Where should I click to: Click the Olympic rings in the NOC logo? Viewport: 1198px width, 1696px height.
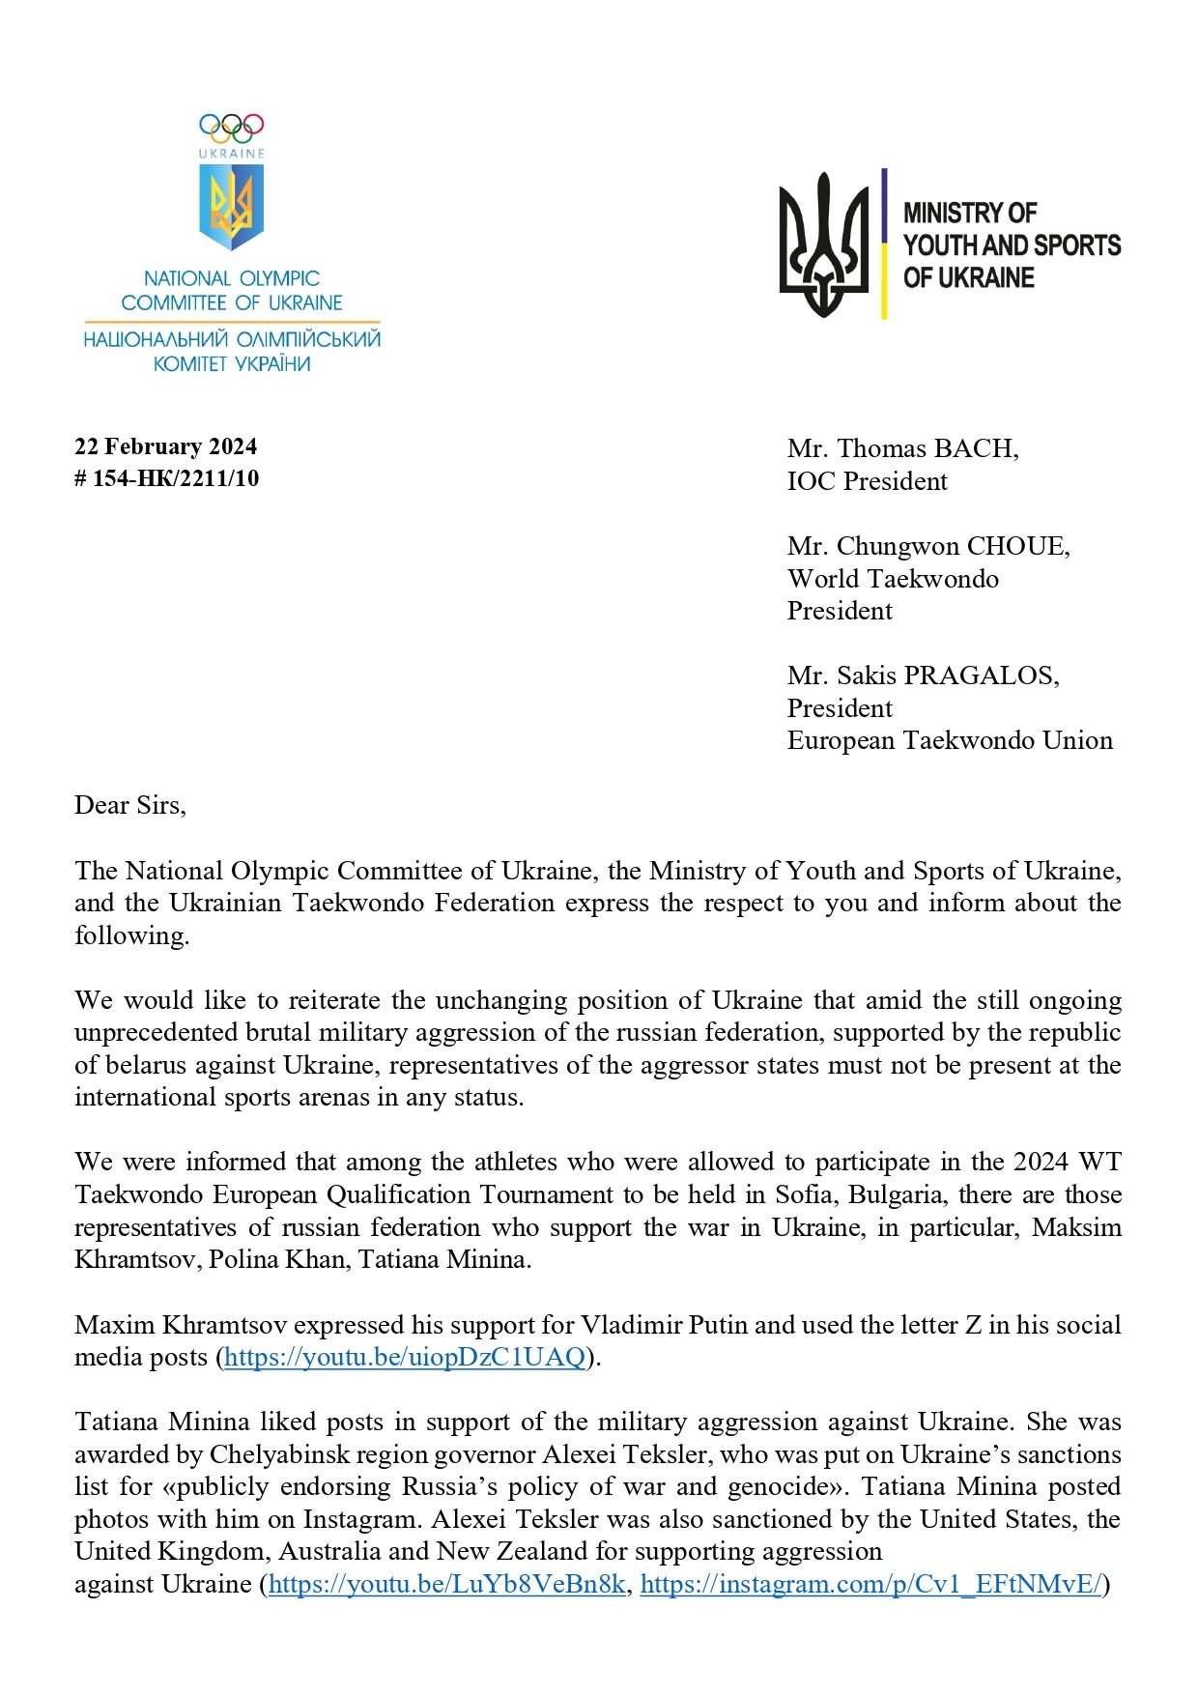coord(231,128)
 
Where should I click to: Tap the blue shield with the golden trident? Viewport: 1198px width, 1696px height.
coord(231,205)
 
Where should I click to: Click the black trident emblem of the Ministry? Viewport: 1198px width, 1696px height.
coord(823,245)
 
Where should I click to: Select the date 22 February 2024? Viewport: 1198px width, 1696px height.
coord(165,446)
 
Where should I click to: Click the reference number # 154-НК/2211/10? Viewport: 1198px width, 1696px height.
coord(166,478)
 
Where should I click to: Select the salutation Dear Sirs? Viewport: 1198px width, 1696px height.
coord(129,805)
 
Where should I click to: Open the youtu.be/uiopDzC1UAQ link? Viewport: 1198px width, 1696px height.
coord(405,1358)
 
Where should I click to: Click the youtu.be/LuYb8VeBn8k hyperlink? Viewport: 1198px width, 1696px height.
coord(446,1584)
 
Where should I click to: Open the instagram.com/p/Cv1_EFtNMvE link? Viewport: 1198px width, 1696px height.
coord(870,1584)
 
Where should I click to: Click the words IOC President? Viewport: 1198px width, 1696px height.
coord(867,481)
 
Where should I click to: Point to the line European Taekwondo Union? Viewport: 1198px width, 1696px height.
coord(950,740)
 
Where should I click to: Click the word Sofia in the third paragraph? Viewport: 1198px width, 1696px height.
coord(805,1194)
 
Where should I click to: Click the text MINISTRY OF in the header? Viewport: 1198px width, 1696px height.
coord(969,213)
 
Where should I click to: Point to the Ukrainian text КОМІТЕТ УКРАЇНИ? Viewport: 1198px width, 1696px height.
coord(232,364)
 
